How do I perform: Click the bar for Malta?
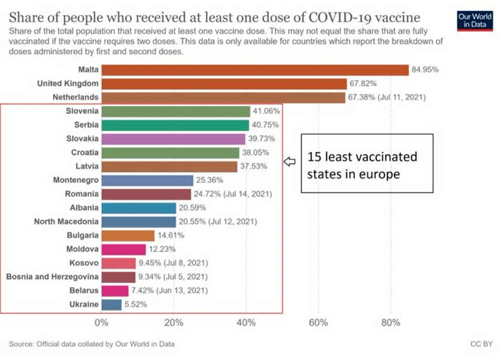255,70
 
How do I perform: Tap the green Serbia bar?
175,125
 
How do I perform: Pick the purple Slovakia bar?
173,139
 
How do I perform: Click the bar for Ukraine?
111,305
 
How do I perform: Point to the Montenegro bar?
147,180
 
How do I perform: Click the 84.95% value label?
425,70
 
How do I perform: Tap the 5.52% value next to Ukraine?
137,305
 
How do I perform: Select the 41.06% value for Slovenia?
266,111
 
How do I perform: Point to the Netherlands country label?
75,98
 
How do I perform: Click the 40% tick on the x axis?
246,323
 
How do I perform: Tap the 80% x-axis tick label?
390,323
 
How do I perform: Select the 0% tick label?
102,323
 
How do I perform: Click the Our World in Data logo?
474,21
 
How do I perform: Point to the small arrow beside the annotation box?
290,162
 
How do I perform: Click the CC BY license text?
478,344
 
